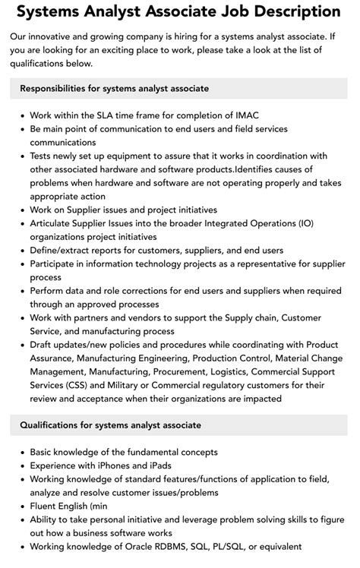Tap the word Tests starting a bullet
pos(44,156)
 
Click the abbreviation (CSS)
pos(90,386)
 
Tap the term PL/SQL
pos(256,546)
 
